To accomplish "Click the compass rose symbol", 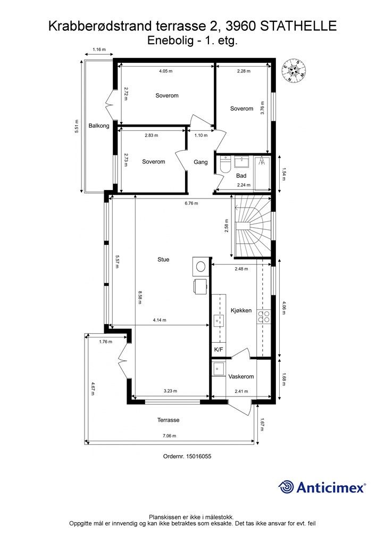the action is click(x=294, y=70).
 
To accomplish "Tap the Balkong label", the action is click(x=98, y=126).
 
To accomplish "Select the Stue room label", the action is click(x=163, y=259).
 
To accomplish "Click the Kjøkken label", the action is click(x=241, y=310).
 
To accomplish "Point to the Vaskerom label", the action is click(x=241, y=376).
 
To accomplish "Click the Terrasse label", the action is click(x=169, y=420).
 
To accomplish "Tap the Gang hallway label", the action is click(x=200, y=162).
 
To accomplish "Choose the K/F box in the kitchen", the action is click(x=219, y=350).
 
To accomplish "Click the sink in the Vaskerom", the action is click(x=219, y=368).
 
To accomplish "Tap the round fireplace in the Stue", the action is click(x=200, y=267).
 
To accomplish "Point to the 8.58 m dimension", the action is click(x=139, y=298).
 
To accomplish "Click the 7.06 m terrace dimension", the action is click(x=170, y=436).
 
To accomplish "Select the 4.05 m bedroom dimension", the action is click(x=165, y=71).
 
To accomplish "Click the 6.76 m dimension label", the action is click(x=191, y=203).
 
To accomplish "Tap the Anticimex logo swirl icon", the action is click(x=286, y=487).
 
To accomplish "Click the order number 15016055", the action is click(x=198, y=456).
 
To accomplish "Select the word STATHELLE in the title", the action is click(x=298, y=26).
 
